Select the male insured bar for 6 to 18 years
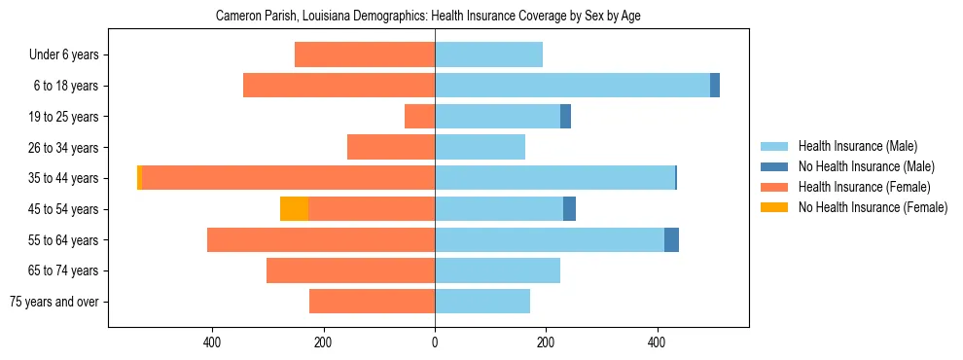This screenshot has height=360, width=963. (572, 86)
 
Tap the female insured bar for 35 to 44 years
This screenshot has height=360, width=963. (288, 178)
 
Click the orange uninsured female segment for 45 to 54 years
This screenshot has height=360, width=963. (294, 209)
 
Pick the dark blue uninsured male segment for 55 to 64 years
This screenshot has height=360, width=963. (671, 239)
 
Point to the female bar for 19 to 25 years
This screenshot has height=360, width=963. (419, 117)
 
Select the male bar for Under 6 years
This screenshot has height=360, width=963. (488, 54)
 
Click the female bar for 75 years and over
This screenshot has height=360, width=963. (372, 302)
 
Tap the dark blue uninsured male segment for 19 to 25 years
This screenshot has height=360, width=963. (565, 117)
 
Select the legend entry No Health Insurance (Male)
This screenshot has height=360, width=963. (866, 166)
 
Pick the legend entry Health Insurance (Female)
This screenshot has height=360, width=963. (864, 187)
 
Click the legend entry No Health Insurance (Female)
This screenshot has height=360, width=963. (873, 207)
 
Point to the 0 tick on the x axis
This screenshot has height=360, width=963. (435, 342)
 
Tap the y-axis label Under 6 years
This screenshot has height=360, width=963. (63, 55)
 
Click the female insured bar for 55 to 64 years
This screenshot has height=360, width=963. (321, 239)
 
